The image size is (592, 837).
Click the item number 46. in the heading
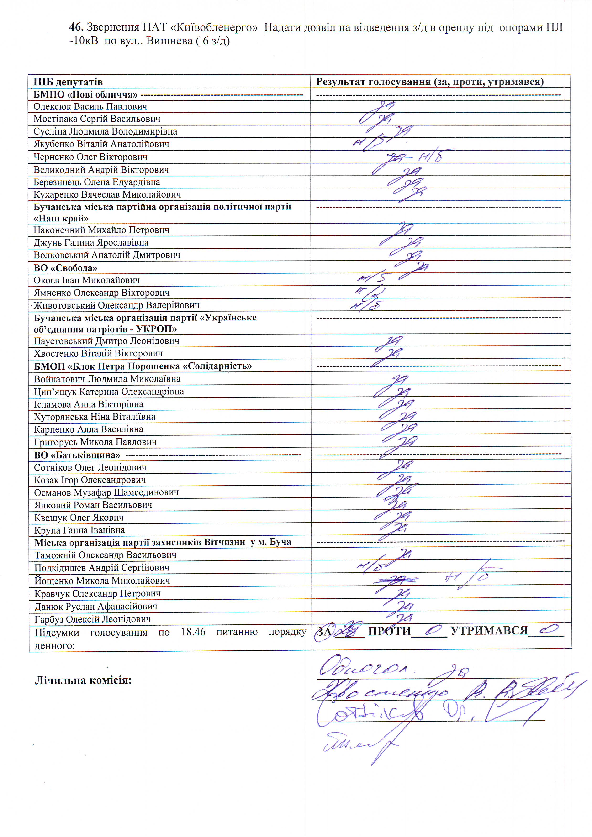(77, 27)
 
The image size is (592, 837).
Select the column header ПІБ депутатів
(68, 82)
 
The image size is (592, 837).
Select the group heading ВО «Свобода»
(66, 268)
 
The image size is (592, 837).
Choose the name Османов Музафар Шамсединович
(106, 492)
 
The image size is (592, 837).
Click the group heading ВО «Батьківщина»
(77, 455)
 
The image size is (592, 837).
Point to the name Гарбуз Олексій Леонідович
(93, 619)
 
